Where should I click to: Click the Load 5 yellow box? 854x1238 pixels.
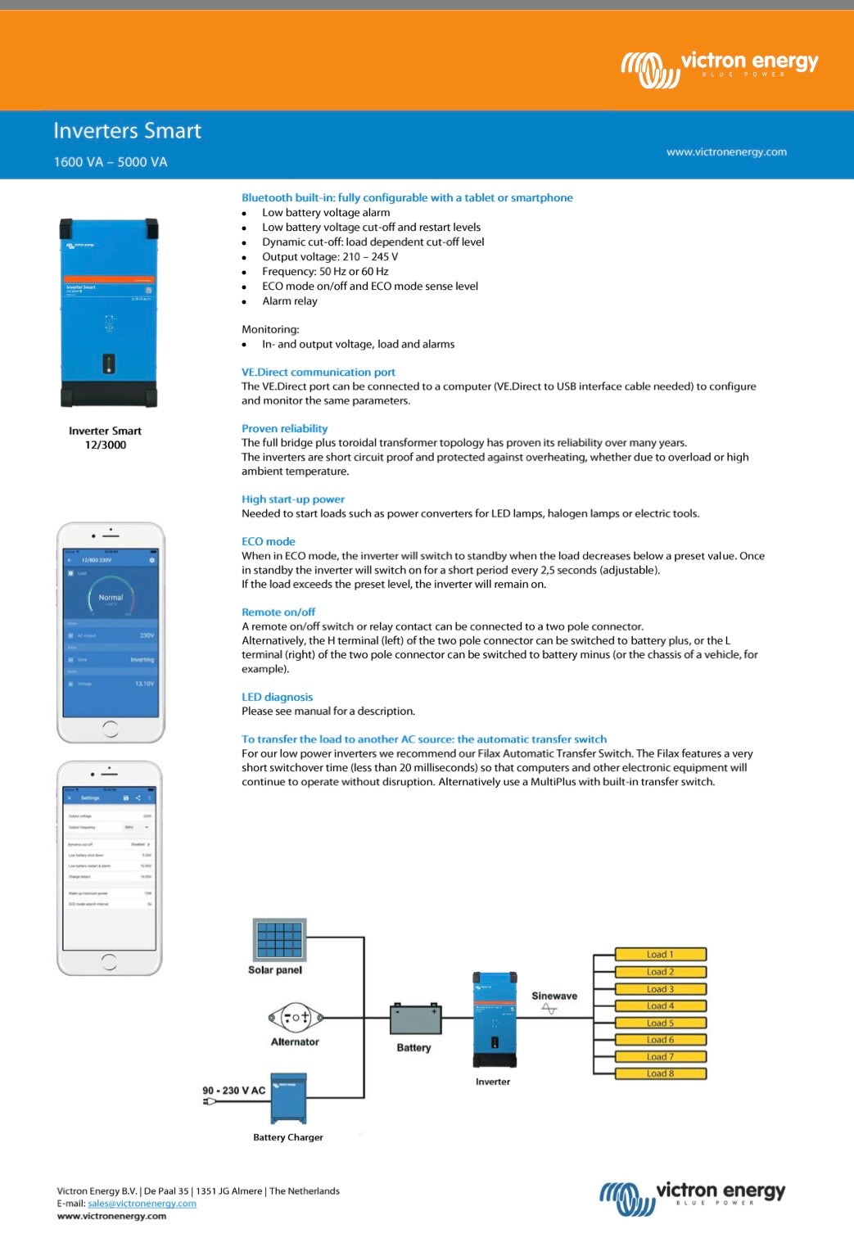coord(660,1023)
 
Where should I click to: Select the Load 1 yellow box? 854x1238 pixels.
coord(660,955)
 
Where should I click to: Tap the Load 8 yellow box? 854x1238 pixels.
coord(660,1073)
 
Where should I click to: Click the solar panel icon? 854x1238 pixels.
coord(279,939)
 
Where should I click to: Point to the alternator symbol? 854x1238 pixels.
coord(295,1018)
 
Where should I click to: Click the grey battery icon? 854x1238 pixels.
coord(415,1020)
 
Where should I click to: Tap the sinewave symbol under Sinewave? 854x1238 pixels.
coord(549,1010)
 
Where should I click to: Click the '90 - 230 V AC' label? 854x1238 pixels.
coord(233,1091)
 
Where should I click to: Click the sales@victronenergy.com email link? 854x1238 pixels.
coord(142,1204)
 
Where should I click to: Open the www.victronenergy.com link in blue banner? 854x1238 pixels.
coord(726,151)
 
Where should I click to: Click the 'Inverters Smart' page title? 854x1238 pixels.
coord(127,131)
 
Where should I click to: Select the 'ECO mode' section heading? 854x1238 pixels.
coord(268,541)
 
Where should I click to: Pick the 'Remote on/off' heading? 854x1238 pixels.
coord(278,612)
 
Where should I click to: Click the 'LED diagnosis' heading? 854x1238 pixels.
coord(277,697)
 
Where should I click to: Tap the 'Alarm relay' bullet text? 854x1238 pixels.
coord(289,301)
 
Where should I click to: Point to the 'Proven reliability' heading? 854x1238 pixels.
coord(284,428)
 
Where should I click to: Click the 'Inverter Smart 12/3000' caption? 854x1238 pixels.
coord(105,437)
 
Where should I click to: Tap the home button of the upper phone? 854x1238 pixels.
coord(111,728)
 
